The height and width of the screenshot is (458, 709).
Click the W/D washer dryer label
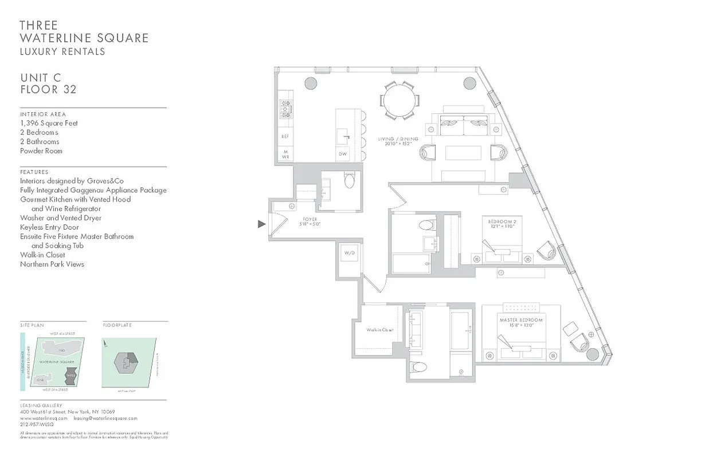coord(349,253)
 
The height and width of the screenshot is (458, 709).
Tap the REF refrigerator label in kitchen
coord(285,137)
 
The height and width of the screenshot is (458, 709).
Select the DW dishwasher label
coord(343,154)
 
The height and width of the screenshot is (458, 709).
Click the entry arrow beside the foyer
coord(262,224)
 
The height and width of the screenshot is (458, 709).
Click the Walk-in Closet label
coord(380,330)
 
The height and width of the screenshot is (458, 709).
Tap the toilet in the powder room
coord(350,181)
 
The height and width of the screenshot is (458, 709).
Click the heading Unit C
coord(40,78)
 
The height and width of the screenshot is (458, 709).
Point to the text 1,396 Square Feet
coord(49,123)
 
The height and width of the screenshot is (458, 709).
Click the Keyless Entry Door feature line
coord(49,227)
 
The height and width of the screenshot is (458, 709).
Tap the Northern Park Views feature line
coord(52,264)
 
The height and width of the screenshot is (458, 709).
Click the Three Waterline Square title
coord(84,32)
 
